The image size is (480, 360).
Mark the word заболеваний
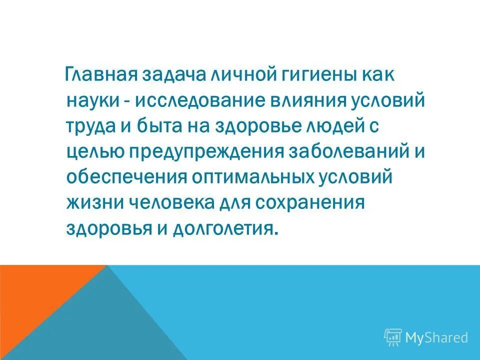pyautogui.click(x=346, y=151)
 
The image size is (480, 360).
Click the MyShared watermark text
pyautogui.click(x=436, y=337)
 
